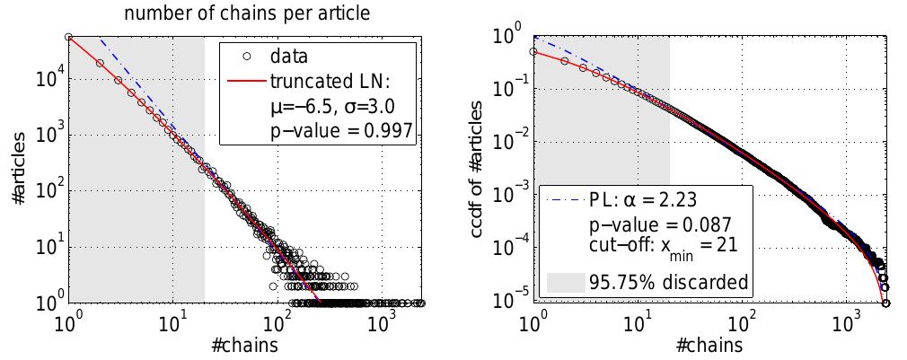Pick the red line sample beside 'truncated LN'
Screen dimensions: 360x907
tap(245, 83)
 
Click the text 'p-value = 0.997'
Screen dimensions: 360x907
tap(341, 131)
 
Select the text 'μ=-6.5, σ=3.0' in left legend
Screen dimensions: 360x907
tap(333, 107)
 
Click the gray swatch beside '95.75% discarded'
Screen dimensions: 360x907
tap(565, 282)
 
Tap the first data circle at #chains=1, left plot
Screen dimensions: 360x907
tap(69, 37)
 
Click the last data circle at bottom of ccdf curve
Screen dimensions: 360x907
tap(885, 303)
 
